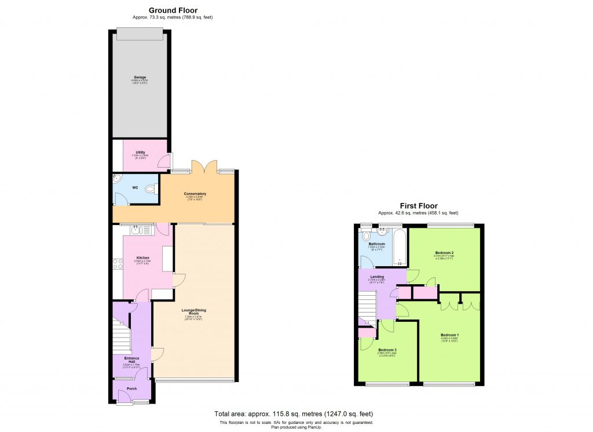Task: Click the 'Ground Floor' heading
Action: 173,10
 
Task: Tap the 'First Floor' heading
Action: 418,205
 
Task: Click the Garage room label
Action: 140,77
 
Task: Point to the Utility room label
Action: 140,152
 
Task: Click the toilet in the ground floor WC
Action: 152,188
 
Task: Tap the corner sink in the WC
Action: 116,179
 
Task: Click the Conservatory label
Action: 195,194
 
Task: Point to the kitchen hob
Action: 118,264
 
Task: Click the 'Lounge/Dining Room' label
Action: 195,311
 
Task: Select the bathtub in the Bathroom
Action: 400,248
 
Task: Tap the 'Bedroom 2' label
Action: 444,253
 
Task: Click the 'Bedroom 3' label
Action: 387,350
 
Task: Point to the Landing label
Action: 378,277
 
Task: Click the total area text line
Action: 294,414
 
